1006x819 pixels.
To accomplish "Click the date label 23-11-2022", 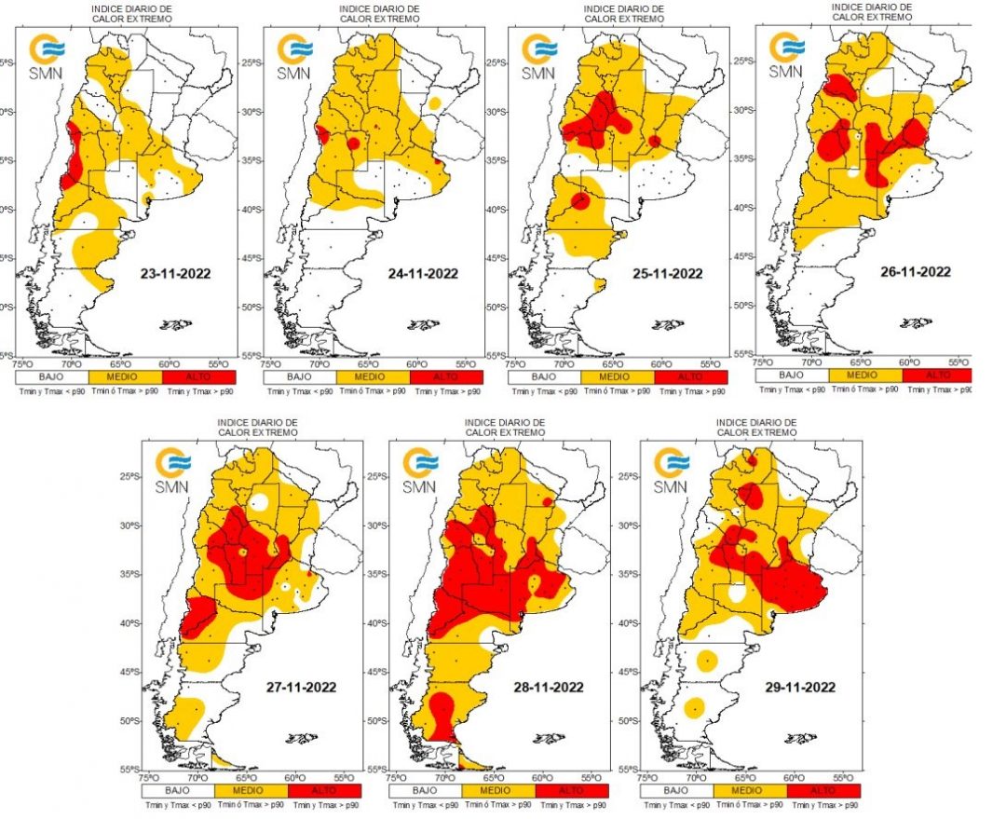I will coord(174,274).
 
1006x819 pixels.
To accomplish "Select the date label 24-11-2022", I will coord(423,274).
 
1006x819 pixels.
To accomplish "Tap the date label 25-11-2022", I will coord(667,274).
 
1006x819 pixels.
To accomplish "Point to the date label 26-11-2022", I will coord(915,272).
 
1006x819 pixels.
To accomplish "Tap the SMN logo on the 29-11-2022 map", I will coord(672,470).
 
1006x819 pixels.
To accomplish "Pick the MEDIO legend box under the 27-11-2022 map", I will coord(251,790).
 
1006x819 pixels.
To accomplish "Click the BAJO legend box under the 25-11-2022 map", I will coord(544,377).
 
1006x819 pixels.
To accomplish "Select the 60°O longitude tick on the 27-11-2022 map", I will coord(294,776).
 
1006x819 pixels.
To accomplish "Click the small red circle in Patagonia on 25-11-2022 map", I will coord(580,199).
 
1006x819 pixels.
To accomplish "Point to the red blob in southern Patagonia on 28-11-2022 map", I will coord(443,712).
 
